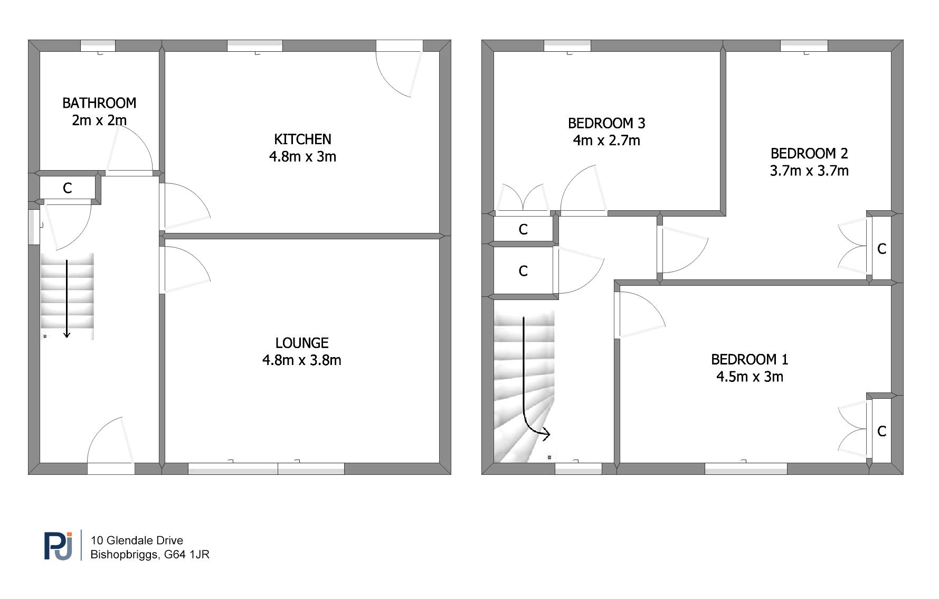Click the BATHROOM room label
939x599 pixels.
coord(99,103)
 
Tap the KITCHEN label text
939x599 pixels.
coord(302,139)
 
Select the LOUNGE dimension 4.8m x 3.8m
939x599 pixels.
coord(302,360)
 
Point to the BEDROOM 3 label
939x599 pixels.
coord(606,124)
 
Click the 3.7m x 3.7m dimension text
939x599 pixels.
coord(809,171)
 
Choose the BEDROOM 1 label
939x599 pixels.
coord(750,360)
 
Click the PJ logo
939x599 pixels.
coord(58,546)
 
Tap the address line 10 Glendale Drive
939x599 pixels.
coord(137,540)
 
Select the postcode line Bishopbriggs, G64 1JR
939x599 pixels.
coord(150,555)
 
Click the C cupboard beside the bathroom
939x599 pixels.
coord(68,188)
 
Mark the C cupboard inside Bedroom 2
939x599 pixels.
coord(881,249)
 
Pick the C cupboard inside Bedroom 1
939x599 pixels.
coord(881,432)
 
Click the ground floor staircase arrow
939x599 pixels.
coord(67,298)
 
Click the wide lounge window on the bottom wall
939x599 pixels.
coord(266,469)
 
